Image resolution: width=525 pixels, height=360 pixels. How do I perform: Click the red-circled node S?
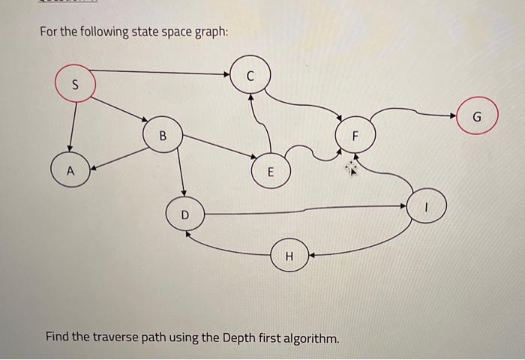(x=74, y=85)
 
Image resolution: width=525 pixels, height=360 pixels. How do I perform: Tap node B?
(x=163, y=136)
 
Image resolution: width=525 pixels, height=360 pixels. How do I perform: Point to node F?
(x=356, y=136)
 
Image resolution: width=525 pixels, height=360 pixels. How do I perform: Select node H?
(x=289, y=256)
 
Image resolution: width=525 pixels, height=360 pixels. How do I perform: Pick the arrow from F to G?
(x=420, y=113)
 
